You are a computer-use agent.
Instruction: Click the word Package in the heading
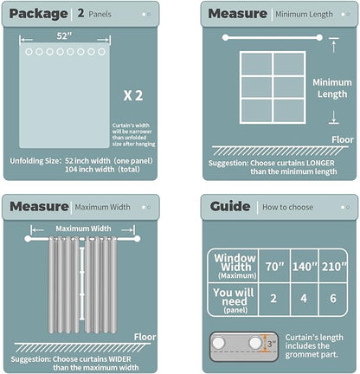pyautogui.click(x=40, y=14)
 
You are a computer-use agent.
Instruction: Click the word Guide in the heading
pyautogui.click(x=229, y=205)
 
